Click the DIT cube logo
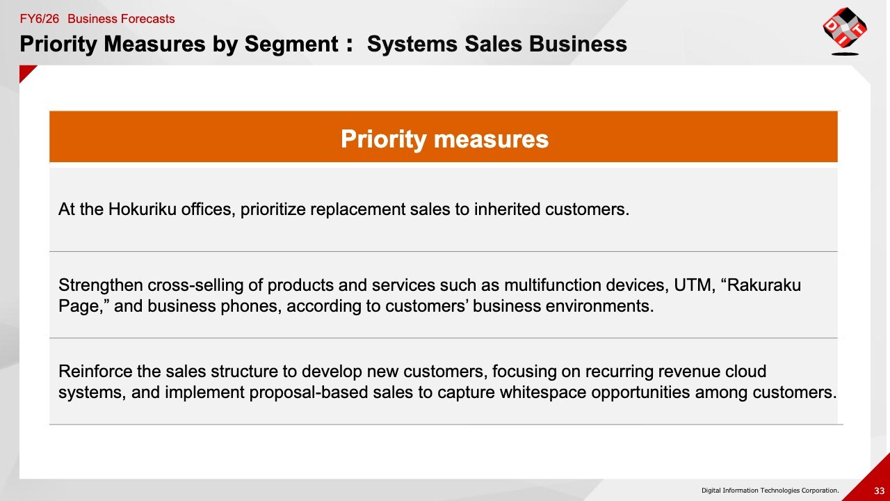click(845, 31)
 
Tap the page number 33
click(880, 491)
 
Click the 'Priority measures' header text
click(444, 139)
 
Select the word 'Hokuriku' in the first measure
click(143, 209)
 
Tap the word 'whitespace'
click(543, 392)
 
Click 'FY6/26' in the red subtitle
click(40, 19)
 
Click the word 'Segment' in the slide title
click(291, 44)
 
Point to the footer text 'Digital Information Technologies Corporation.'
click(770, 491)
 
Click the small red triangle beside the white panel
click(26, 72)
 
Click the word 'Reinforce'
click(95, 372)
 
